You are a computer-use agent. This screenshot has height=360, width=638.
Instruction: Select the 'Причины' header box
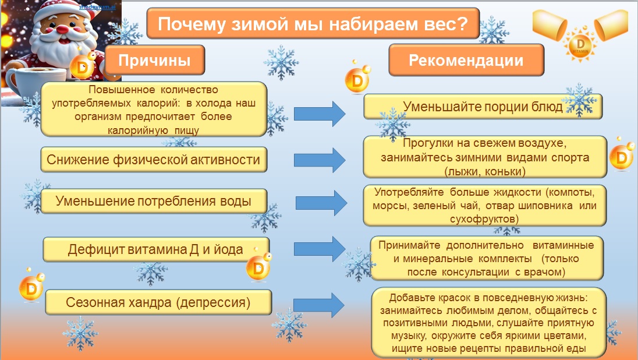(x=154, y=61)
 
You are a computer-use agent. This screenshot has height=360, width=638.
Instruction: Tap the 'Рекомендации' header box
(x=466, y=61)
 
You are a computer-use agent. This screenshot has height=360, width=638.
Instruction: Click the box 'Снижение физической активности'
(x=153, y=160)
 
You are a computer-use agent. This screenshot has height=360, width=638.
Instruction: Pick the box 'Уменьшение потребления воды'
(x=153, y=202)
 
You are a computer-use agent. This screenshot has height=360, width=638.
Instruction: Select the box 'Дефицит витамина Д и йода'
(x=155, y=250)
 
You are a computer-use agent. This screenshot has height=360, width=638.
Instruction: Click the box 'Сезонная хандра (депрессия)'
(x=158, y=302)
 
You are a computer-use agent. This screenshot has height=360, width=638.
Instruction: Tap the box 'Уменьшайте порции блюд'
(x=483, y=107)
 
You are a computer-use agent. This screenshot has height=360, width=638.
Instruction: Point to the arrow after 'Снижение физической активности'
(x=320, y=160)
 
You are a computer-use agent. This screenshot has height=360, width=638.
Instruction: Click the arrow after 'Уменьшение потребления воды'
(x=322, y=202)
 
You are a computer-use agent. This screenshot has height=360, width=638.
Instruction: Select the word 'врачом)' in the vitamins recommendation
(x=545, y=271)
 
